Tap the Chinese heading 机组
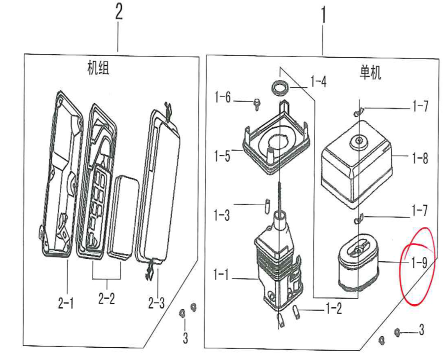pyautogui.click(x=98, y=69)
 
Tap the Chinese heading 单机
pyautogui.click(x=371, y=73)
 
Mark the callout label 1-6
pyautogui.click(x=222, y=97)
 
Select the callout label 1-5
pyautogui.click(x=222, y=156)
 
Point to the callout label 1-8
pyautogui.click(x=419, y=159)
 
